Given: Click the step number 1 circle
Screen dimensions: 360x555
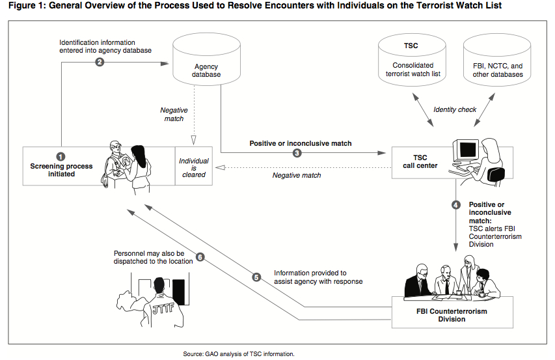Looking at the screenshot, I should pos(61,156).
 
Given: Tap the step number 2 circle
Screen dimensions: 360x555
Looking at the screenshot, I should pos(100,62).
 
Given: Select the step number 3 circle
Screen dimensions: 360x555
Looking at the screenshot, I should pos(297,154).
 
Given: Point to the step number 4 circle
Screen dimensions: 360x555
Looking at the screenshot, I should pos(456,205).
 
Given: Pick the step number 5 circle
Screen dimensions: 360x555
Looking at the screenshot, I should pos(256,277).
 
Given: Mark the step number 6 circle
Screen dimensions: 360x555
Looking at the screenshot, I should pos(200,256).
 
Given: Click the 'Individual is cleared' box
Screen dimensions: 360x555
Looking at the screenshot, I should pos(194,166).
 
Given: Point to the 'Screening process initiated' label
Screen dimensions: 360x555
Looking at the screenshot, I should pos(61,170).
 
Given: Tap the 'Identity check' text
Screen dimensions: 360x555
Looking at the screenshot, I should pos(455,109).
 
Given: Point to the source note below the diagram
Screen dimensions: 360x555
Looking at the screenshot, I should pos(239,354).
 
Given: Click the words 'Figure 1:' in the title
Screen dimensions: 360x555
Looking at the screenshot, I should pos(28,6).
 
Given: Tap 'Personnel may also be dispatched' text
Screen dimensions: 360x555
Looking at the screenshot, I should pos(152,256).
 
